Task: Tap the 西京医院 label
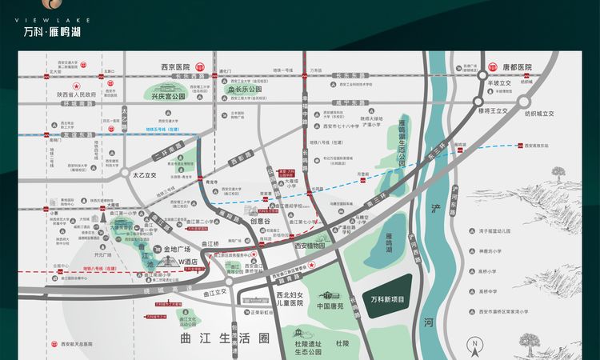175,67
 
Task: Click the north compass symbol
474,348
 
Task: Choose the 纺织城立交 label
539,114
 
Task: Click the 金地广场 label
178,250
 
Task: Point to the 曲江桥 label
210,243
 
